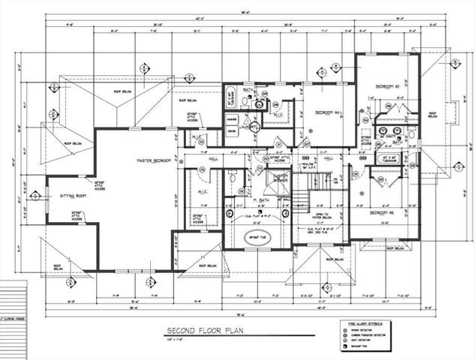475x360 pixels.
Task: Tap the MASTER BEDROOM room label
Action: (x=154, y=160)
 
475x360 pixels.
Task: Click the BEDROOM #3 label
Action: (x=384, y=213)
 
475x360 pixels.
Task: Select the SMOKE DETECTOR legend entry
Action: (x=363, y=331)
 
